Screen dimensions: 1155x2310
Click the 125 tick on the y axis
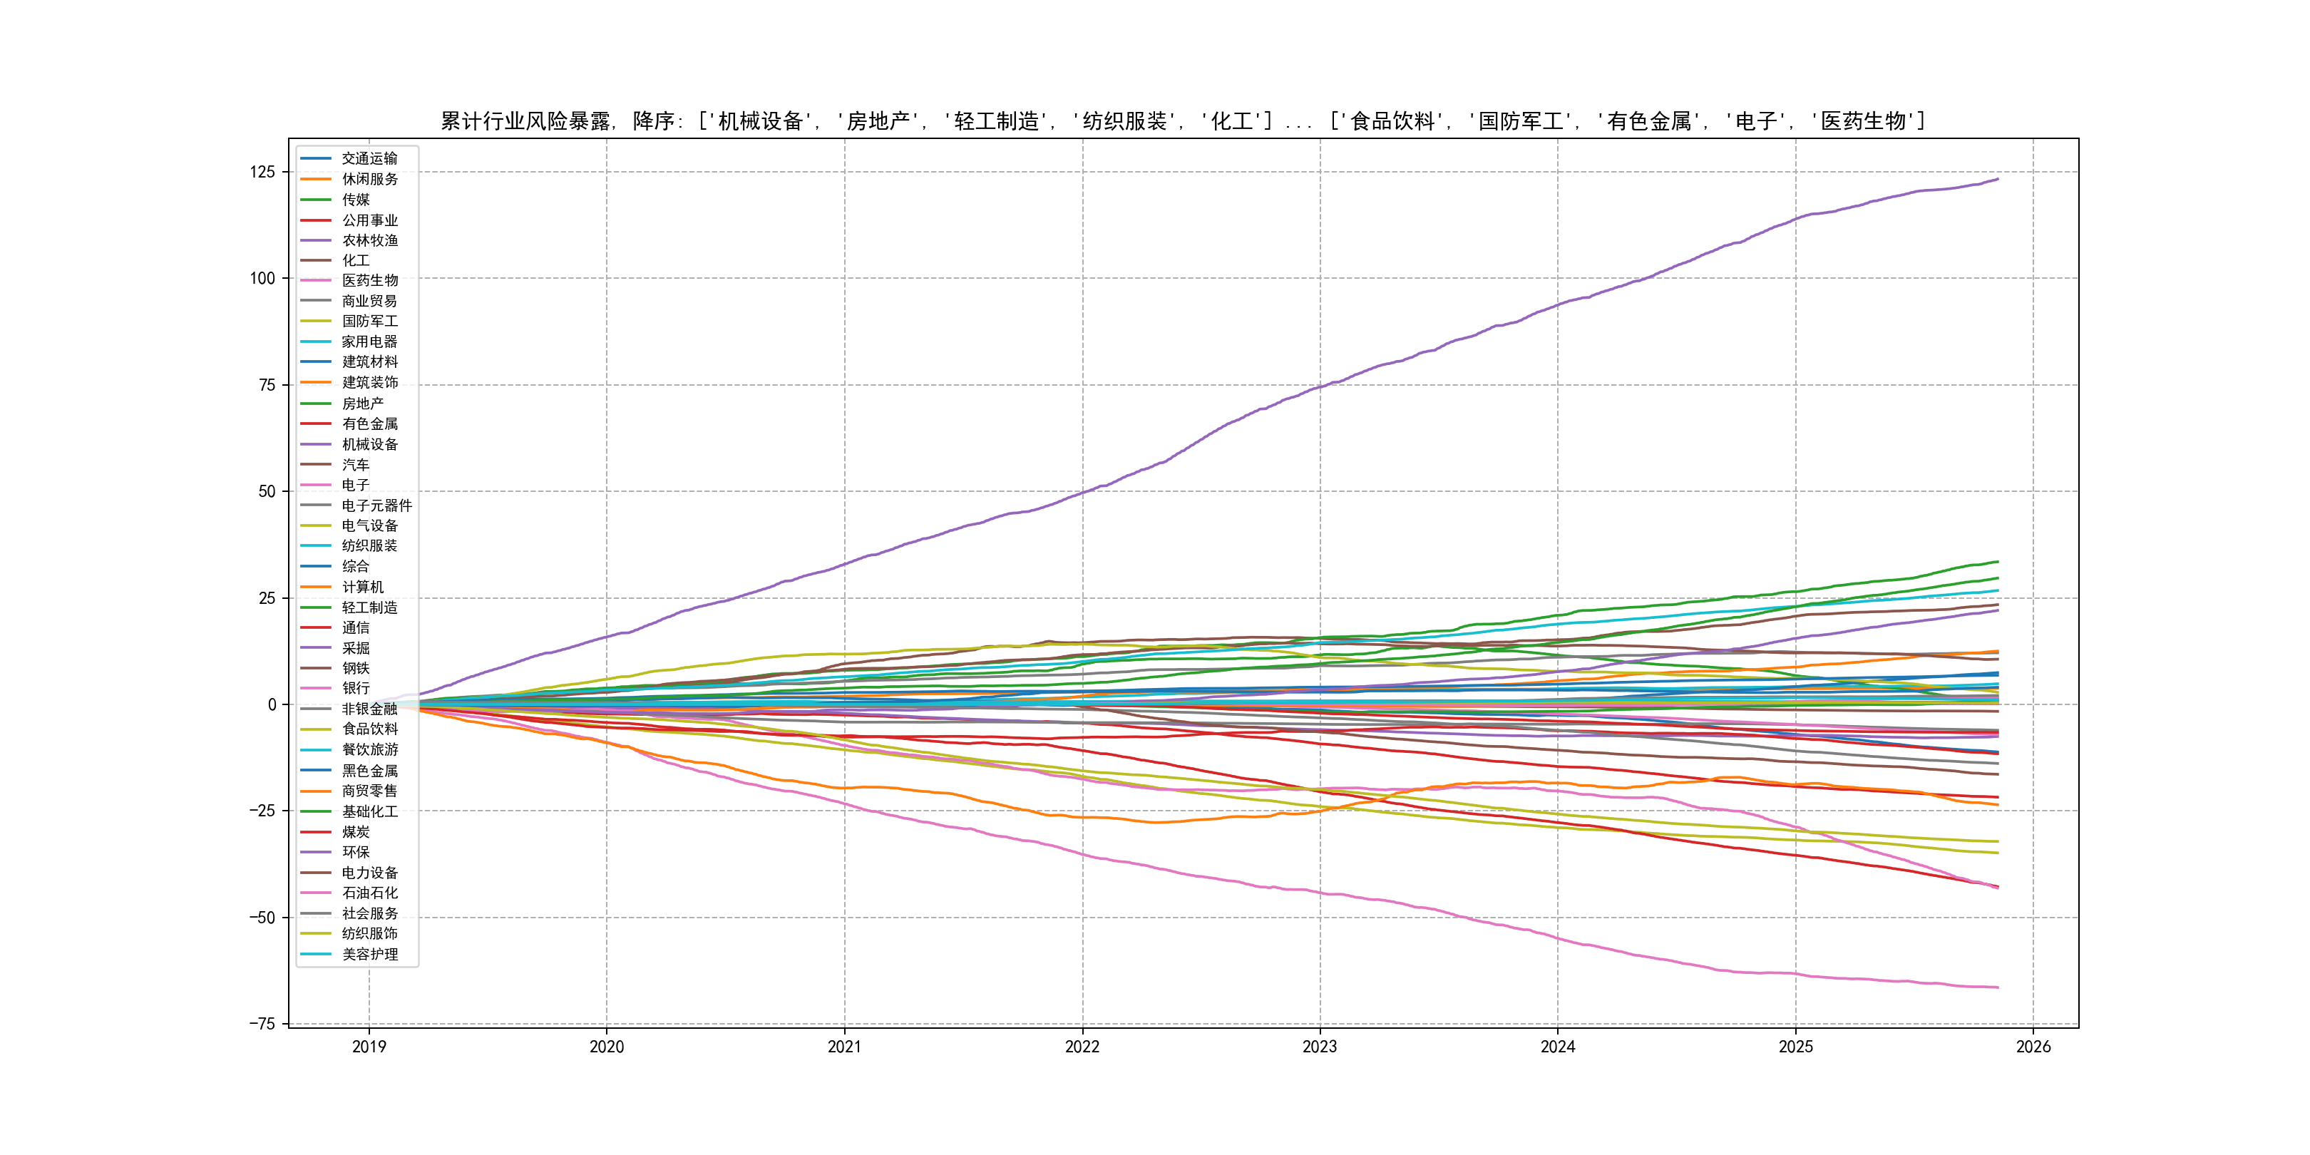tap(262, 172)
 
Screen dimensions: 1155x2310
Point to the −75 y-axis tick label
tap(262, 1024)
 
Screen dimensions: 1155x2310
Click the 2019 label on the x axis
tap(369, 1047)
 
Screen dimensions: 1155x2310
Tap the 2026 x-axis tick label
tap(2033, 1047)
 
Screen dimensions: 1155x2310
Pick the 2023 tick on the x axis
tap(1319, 1047)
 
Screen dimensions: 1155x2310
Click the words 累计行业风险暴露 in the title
tap(525, 121)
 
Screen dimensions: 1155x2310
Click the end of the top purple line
tap(1998, 180)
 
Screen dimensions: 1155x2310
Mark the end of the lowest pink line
tap(1998, 987)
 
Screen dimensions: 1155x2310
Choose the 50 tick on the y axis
tap(267, 491)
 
